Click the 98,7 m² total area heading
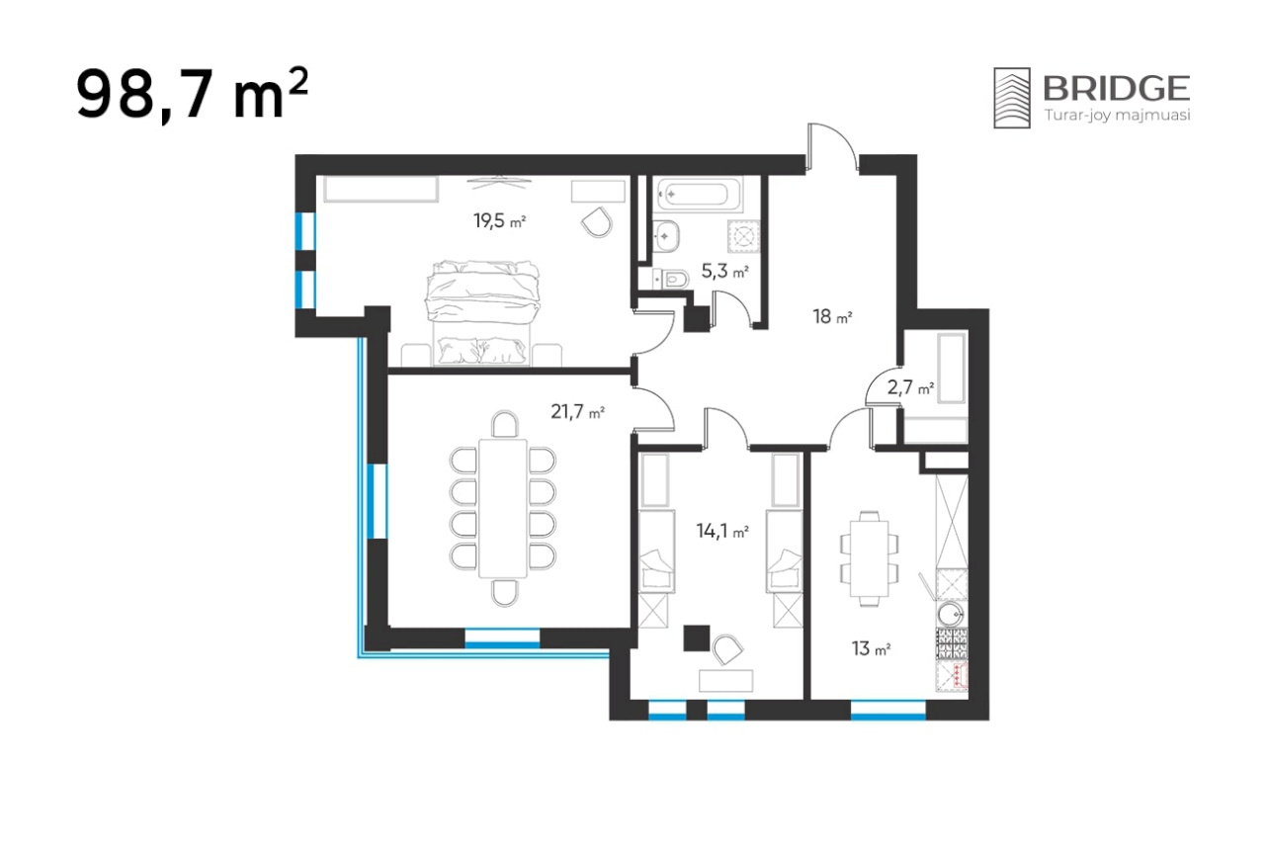(192, 94)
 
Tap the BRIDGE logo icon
(1011, 98)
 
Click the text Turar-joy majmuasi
(1117, 116)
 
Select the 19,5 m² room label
(499, 220)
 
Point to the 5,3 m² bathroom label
(725, 272)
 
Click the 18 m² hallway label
(832, 317)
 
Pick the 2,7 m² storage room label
(910, 387)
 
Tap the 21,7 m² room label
(577, 412)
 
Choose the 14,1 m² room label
(722, 531)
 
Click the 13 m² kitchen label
(871, 648)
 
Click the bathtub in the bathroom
(699, 195)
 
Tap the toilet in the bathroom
(671, 279)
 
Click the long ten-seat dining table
(503, 509)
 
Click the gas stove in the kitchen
(952, 644)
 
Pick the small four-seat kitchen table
(869, 558)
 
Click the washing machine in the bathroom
(743, 236)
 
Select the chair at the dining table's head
(505, 424)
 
